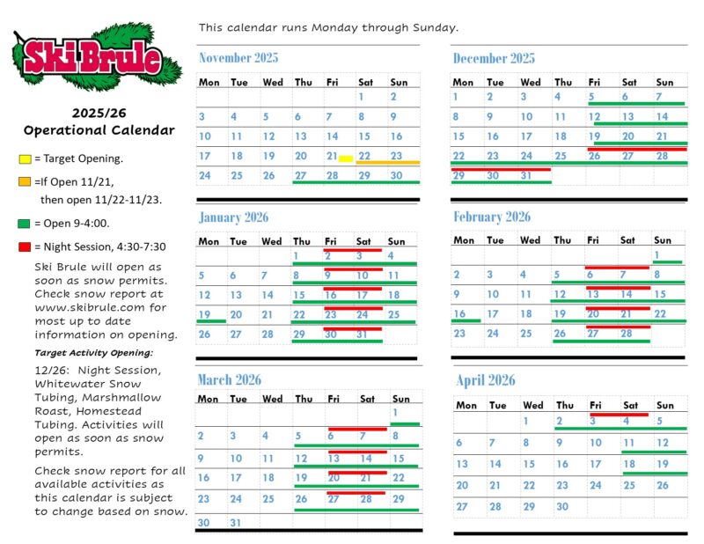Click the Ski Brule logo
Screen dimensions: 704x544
tap(97, 57)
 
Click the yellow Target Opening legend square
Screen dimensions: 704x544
tap(25, 159)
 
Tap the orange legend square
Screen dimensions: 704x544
tap(25, 181)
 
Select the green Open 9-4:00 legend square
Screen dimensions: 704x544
tap(24, 224)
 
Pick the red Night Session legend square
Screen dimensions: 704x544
tap(25, 246)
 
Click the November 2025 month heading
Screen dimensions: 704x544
tap(238, 58)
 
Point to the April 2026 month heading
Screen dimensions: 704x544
tap(486, 380)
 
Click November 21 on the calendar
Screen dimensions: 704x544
tap(332, 156)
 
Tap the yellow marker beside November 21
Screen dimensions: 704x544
tap(346, 158)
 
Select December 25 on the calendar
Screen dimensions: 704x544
tap(561, 156)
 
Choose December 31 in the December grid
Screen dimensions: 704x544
tap(526, 176)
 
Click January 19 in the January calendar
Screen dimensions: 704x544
tap(204, 314)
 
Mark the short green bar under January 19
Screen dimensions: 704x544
tap(211, 321)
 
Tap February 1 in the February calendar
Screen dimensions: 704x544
tap(656, 254)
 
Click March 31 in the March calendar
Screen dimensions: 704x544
tap(235, 523)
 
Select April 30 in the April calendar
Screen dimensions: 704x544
tap(562, 507)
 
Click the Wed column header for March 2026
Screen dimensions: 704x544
tap(272, 399)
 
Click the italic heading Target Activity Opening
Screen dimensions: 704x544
tap(94, 353)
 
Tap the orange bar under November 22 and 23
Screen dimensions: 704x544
tap(388, 162)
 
